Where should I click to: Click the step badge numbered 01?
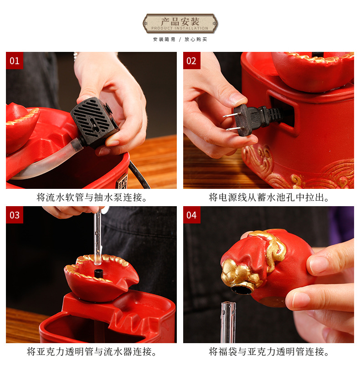tap(15, 61)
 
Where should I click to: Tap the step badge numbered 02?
tap(191, 61)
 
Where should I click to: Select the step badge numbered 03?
tap(15, 215)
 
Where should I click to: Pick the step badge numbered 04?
tap(191, 215)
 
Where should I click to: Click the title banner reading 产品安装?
tap(180, 23)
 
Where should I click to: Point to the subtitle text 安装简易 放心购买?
tap(180, 40)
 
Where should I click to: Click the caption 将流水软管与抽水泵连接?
tap(91, 198)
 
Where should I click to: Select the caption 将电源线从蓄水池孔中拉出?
tap(269, 198)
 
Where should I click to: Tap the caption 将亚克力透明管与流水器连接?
tap(91, 352)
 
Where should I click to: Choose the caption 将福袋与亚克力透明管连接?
tap(269, 352)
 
